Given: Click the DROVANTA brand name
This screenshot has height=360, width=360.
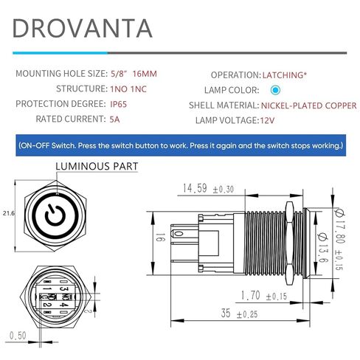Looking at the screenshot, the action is click(x=83, y=28).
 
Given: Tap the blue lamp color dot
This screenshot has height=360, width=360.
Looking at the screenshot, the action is click(x=275, y=90).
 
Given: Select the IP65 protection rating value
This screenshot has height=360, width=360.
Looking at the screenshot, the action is click(x=118, y=104).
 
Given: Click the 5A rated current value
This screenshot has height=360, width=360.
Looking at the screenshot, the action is click(x=114, y=120).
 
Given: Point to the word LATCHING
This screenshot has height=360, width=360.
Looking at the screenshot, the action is click(x=283, y=75).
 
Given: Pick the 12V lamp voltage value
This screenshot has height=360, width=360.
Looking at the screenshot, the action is click(x=267, y=120).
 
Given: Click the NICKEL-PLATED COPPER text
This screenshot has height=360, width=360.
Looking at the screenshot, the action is click(x=308, y=105).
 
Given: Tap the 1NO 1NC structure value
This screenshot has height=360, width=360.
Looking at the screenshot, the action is click(x=128, y=89).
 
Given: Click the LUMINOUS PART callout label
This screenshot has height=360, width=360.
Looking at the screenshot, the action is click(x=97, y=166).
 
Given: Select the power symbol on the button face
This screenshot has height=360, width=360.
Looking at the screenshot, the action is click(x=55, y=214).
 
